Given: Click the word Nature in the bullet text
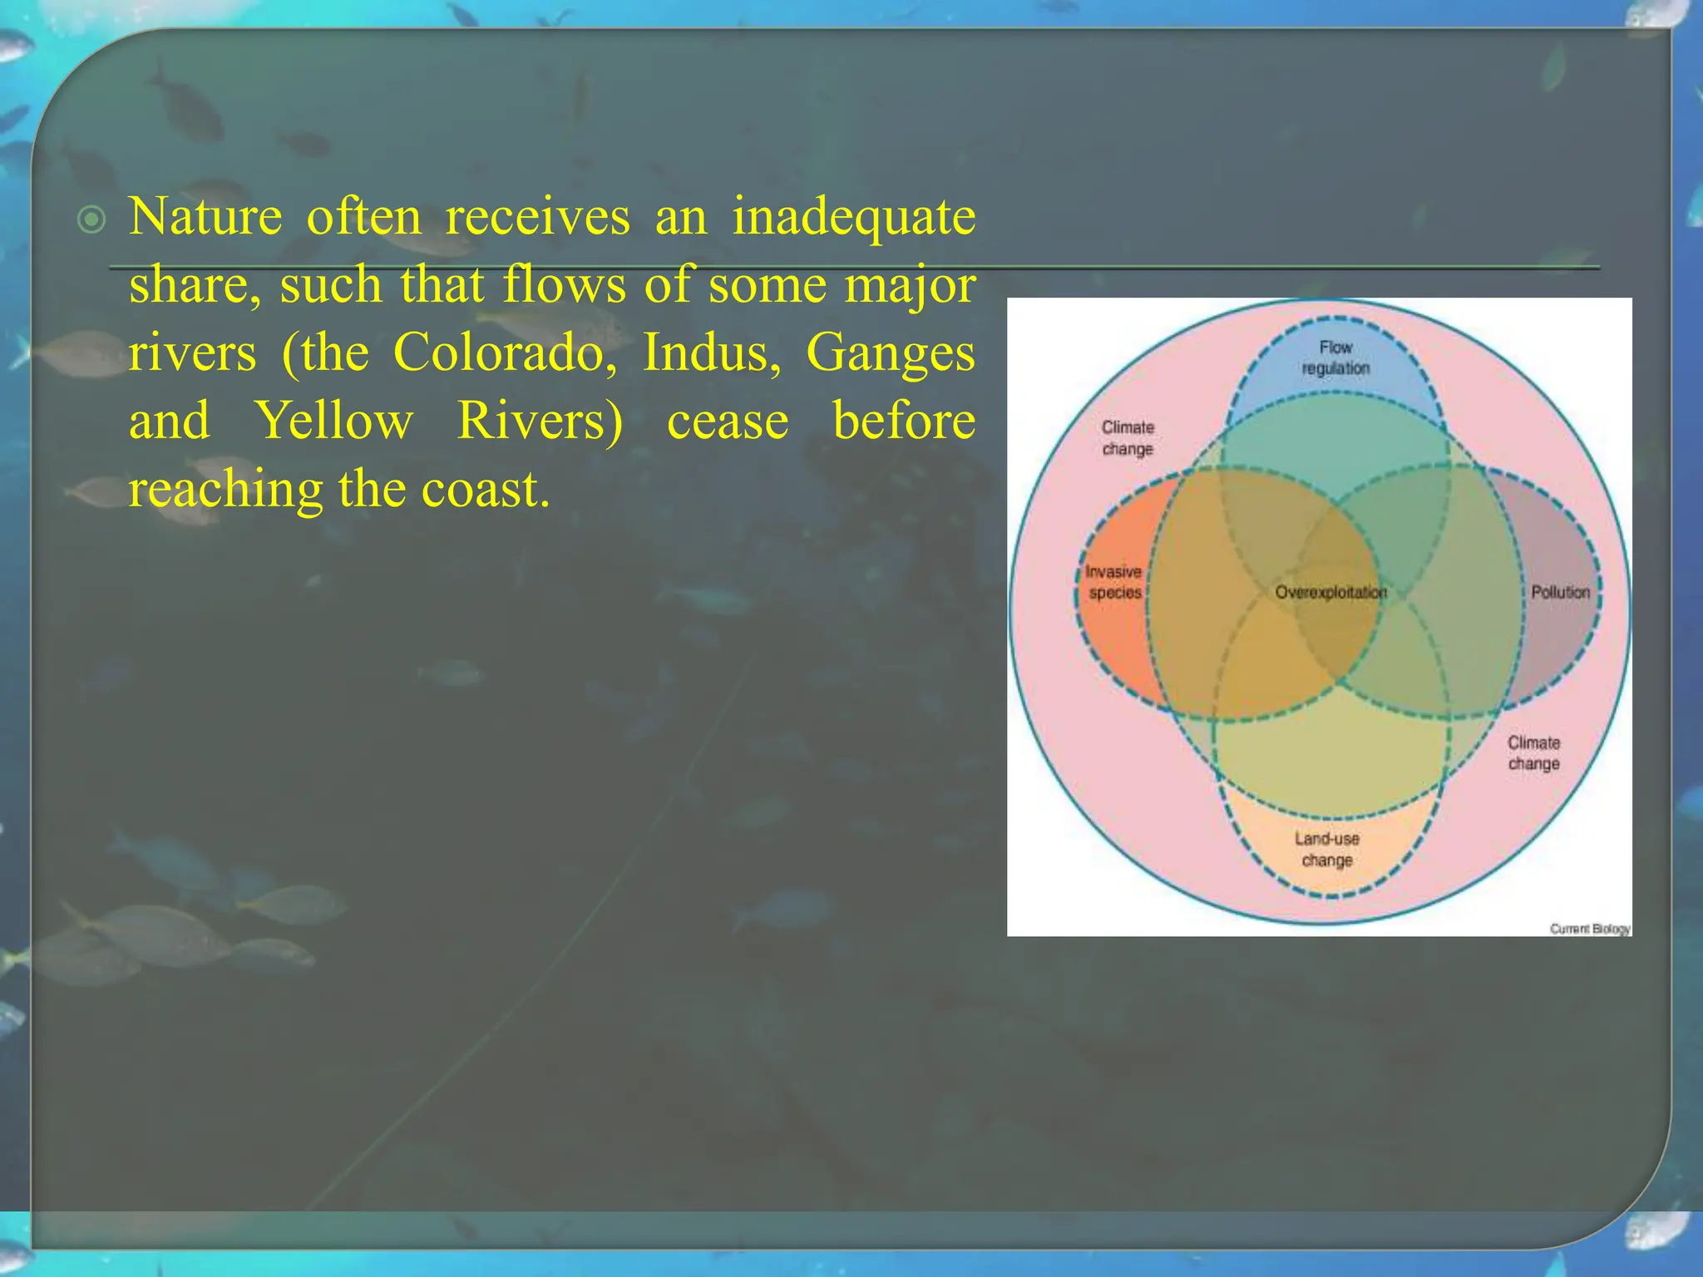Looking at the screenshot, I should click(x=205, y=218).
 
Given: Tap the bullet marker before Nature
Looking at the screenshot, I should click(x=91, y=220).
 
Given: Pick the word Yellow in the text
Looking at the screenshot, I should click(x=333, y=422).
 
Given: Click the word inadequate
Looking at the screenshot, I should click(x=853, y=219).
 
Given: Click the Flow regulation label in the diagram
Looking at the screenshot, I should click(x=1335, y=357).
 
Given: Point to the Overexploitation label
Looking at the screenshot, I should click(x=1330, y=592).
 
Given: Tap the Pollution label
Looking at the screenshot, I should click(x=1560, y=592).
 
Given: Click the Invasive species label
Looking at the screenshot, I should click(x=1114, y=582).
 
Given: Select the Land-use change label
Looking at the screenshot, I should click(x=1327, y=849).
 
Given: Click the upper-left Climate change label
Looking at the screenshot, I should click(x=1128, y=437).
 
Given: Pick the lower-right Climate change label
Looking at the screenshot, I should click(x=1533, y=752).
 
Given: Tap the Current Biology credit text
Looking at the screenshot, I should click(x=1589, y=929).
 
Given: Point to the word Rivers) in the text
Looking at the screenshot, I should click(x=540, y=422).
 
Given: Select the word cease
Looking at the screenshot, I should click(x=728, y=422).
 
